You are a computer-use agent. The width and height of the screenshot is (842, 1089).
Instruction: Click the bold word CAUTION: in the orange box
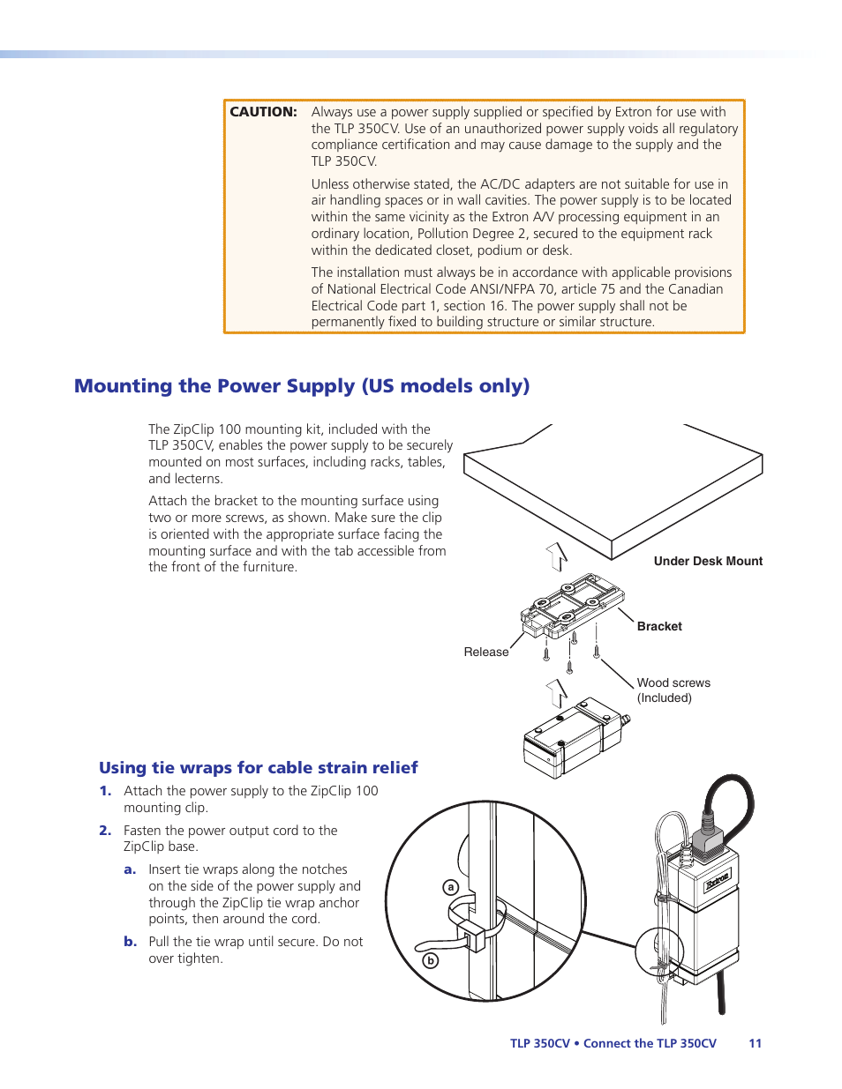point(263,112)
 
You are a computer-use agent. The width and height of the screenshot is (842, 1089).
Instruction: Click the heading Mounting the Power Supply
point(301,386)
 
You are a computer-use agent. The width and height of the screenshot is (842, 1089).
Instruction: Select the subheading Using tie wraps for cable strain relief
point(258,767)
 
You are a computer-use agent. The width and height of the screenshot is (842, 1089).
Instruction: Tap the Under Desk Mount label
point(708,561)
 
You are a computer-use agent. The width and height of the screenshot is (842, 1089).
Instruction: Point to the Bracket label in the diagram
point(659,626)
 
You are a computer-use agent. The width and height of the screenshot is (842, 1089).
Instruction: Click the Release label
point(485,652)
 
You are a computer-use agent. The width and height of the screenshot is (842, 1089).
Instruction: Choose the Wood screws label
point(673,682)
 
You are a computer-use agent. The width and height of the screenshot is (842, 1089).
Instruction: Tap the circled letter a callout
point(451,887)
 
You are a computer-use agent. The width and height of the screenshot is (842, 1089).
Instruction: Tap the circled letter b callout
point(431,960)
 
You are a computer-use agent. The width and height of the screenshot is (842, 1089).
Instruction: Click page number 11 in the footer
point(755,1043)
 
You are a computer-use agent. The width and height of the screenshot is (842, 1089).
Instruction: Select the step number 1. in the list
point(105,791)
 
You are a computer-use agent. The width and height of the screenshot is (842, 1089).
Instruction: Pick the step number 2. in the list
point(105,831)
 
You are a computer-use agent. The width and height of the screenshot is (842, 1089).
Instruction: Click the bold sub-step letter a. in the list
point(130,869)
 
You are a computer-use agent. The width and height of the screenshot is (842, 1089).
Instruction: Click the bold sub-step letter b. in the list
point(131,942)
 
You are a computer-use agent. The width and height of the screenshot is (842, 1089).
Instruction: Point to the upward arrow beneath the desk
point(557,556)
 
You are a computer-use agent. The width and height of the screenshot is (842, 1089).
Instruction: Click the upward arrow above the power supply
point(557,693)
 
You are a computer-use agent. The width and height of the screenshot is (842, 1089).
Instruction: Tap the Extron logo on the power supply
point(717,879)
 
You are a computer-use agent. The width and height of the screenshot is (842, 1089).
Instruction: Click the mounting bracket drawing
point(572,606)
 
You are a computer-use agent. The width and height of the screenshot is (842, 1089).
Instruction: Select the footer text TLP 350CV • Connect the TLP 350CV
point(613,1043)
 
